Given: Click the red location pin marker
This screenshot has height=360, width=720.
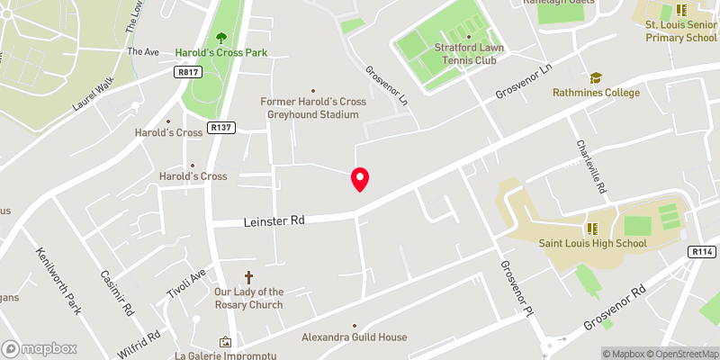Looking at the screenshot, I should pos(359,179).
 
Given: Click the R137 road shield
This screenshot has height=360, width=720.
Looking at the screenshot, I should pos(220,128).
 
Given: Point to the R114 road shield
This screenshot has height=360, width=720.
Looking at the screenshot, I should pos(701,253).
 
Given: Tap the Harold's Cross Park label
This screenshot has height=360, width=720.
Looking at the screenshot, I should pos(222,52).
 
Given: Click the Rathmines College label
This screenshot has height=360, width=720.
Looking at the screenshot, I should pos(597,93).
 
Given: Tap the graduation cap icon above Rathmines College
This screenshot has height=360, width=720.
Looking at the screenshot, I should pos(594,78).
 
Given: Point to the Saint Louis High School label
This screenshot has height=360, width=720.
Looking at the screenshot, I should pos(592,243).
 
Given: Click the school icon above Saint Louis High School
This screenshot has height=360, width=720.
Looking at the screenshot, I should pos(592,229).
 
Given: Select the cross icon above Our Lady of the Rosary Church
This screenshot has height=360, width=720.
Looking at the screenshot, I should pos(249,278).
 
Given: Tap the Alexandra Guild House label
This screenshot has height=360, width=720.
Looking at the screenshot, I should pos(355,337).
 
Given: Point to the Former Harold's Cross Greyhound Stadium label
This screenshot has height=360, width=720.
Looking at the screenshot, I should pos(313,108).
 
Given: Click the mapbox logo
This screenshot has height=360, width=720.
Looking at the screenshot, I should pos(39,348).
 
